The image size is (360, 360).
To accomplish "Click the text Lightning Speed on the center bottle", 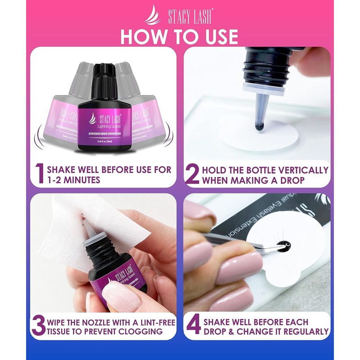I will click(104, 127).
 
